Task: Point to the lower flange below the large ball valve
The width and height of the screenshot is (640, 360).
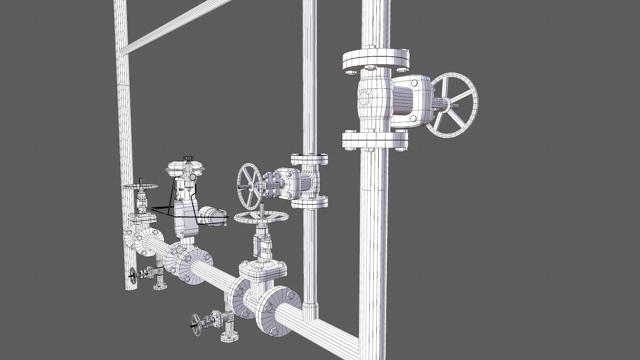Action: pyautogui.click(x=375, y=141)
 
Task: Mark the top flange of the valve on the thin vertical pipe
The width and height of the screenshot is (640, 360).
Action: pyautogui.click(x=309, y=159)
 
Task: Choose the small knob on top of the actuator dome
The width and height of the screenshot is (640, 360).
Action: pyautogui.click(x=188, y=158)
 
